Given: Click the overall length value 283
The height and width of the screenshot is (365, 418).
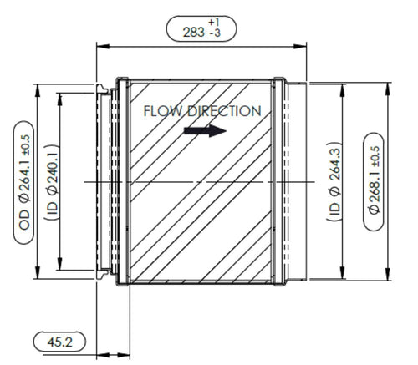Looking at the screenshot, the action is (193, 33).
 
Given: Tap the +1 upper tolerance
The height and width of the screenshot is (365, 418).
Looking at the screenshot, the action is (214, 23).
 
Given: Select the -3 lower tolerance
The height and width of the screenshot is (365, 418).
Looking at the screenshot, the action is (215, 33).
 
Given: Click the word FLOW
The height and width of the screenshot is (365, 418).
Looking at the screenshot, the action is (162, 111).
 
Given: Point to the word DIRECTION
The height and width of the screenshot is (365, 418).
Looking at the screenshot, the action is (224, 111).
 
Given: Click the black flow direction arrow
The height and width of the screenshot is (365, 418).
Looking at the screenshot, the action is (205, 130).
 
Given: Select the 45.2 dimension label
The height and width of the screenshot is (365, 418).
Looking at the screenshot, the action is (59, 342).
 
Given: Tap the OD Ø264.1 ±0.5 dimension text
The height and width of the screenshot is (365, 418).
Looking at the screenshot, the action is (24, 182).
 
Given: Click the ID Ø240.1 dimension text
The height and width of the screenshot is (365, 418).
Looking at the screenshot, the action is (53, 182).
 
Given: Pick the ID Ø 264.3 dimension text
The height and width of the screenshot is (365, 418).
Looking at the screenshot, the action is (334, 181).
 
